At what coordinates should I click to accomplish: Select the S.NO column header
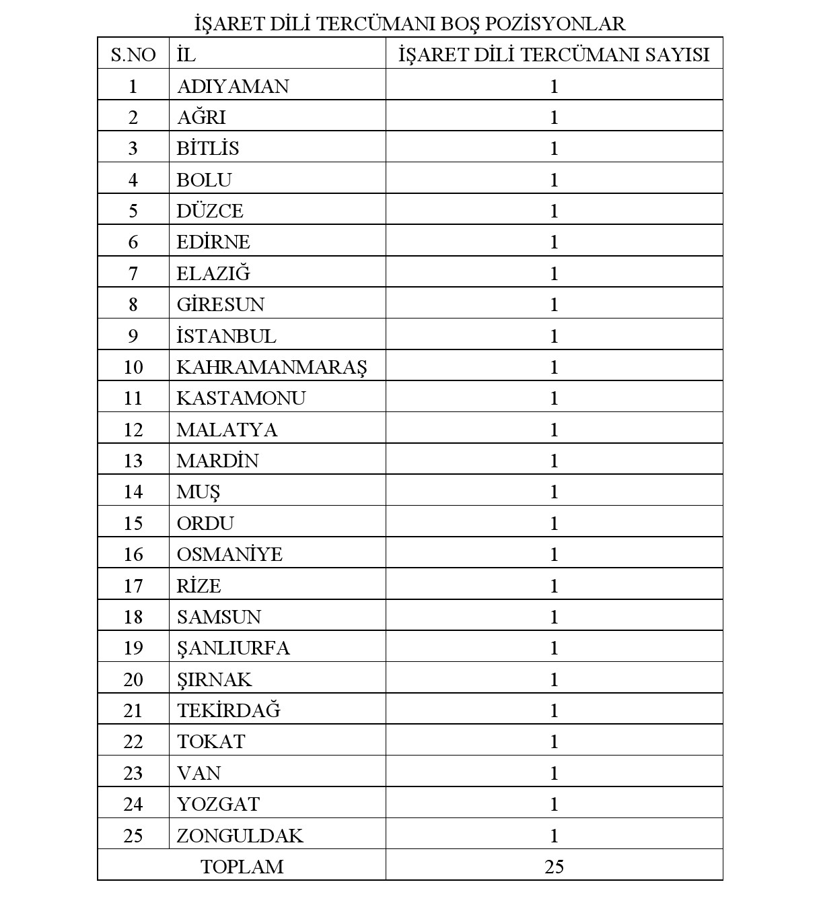[x=133, y=55]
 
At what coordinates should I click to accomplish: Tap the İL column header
[x=186, y=55]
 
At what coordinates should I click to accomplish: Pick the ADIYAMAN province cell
[x=233, y=86]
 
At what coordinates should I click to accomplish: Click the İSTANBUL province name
[x=226, y=336]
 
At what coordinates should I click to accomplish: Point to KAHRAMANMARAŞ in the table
[x=272, y=367]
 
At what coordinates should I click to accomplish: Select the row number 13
[x=133, y=461]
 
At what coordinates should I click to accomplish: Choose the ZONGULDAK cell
[x=240, y=836]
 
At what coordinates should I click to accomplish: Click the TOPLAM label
[x=242, y=867]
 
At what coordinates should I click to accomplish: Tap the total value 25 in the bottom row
[x=554, y=867]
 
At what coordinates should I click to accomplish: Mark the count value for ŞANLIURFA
[x=554, y=648]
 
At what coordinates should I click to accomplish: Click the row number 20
[x=133, y=679]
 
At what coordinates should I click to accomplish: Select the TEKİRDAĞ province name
[x=229, y=710]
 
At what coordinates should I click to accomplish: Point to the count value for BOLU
[x=554, y=180]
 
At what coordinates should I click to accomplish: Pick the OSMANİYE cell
[x=229, y=554]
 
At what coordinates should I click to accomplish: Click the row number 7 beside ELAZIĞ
[x=133, y=273]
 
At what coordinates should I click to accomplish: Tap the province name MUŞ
[x=199, y=492]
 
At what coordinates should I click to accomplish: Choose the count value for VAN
[x=554, y=773]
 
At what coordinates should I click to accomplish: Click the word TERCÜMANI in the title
[x=363, y=24]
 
